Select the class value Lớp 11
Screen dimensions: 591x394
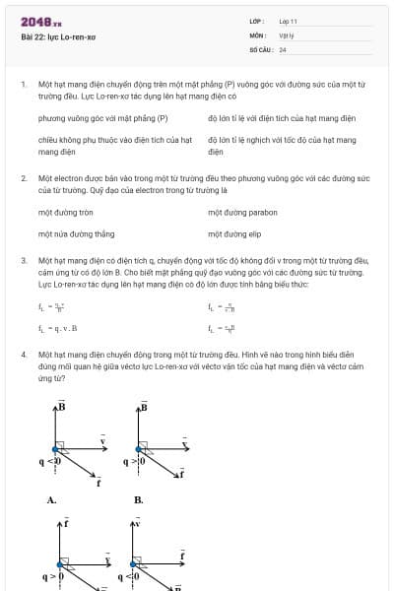click(288, 21)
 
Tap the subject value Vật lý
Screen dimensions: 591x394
click(287, 34)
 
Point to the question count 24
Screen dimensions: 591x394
click(283, 48)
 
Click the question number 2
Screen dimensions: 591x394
click(23, 178)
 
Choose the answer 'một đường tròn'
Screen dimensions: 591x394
click(66, 212)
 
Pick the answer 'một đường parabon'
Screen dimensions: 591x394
click(242, 212)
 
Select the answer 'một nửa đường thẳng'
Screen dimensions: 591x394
click(76, 234)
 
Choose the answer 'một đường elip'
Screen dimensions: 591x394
click(234, 234)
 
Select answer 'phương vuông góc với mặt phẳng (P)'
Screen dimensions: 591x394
click(102, 118)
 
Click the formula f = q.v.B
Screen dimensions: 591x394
click(58, 327)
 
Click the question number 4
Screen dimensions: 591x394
click(23, 352)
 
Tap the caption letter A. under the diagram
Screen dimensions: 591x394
click(51, 499)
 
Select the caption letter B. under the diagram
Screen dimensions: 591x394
click(138, 499)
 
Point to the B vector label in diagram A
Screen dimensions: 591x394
click(61, 406)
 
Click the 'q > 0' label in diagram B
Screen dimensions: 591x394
click(134, 461)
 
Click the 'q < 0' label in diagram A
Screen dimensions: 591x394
click(50, 461)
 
